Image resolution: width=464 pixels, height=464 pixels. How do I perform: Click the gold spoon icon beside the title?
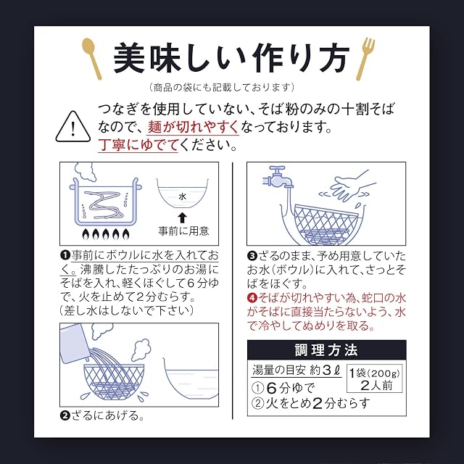tap(92, 59)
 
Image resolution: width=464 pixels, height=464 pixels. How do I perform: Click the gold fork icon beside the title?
tap(365, 59)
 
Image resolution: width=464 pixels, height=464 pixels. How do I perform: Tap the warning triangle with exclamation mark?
tap(72, 128)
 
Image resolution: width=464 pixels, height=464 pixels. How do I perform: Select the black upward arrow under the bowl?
tap(182, 218)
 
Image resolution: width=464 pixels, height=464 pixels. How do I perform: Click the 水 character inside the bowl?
tap(183, 196)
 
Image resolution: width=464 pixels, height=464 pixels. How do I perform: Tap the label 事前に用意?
tap(183, 231)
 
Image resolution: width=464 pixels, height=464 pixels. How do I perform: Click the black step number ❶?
tap(65, 255)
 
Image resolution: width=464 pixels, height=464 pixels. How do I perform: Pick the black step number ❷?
tap(65, 415)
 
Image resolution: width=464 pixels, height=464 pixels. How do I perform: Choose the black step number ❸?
tap(252, 256)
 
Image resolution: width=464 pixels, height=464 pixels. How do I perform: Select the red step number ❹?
tap(252, 298)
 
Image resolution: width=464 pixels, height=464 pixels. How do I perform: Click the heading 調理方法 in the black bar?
tap(326, 350)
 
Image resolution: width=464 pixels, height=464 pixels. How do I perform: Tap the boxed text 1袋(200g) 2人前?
tap(375, 378)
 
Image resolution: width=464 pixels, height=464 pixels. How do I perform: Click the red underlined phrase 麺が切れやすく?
tap(193, 128)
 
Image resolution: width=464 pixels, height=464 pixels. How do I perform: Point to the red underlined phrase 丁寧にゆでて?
tap(138, 145)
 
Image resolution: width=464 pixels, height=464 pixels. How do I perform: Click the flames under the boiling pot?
tap(106, 234)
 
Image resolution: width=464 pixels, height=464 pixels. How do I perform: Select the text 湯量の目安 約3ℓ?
tap(297, 370)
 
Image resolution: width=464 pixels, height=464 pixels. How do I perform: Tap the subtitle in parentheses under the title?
tap(222, 87)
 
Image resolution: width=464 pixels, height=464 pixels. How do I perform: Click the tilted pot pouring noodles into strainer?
tap(74, 343)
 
